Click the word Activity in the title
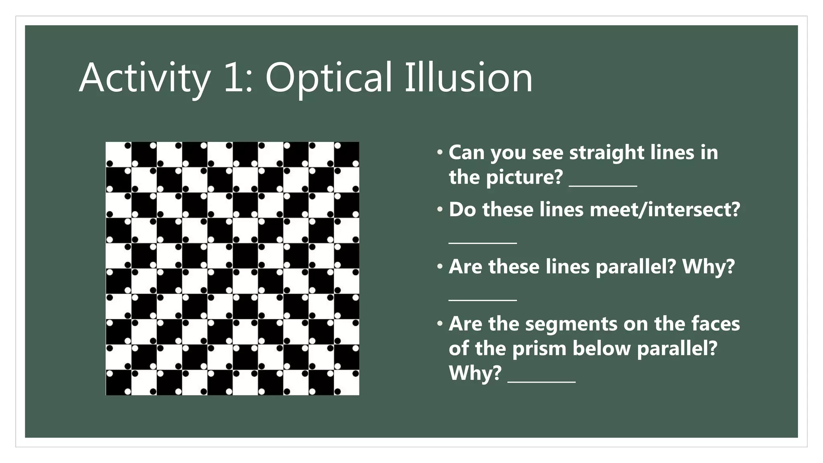(145, 78)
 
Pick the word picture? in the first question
(524, 177)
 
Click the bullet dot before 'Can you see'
(440, 153)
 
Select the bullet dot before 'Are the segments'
(440, 324)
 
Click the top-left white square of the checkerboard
(118, 154)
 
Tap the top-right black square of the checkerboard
(346, 154)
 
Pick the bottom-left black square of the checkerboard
(118, 383)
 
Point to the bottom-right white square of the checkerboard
(346, 383)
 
